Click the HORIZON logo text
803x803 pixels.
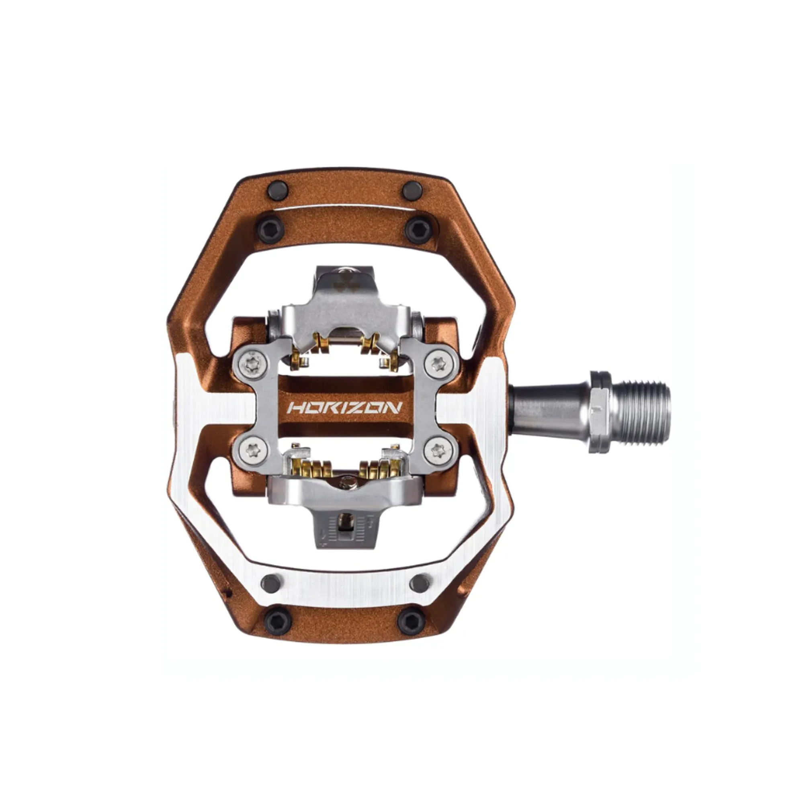345,407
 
